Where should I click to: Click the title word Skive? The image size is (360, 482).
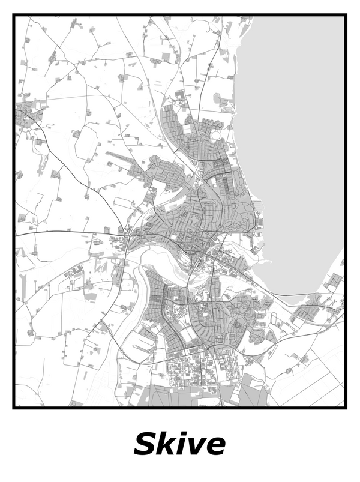[x=180, y=444]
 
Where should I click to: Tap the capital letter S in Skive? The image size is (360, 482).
[x=145, y=444]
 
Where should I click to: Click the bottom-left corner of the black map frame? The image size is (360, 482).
[x=14, y=408]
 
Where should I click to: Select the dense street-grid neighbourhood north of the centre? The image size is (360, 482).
[x=180, y=120]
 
